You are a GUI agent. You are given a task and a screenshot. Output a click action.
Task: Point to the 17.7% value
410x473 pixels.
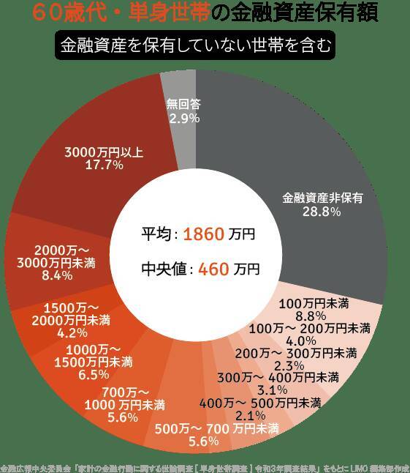104,165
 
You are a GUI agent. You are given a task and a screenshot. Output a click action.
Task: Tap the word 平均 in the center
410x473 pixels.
156,235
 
